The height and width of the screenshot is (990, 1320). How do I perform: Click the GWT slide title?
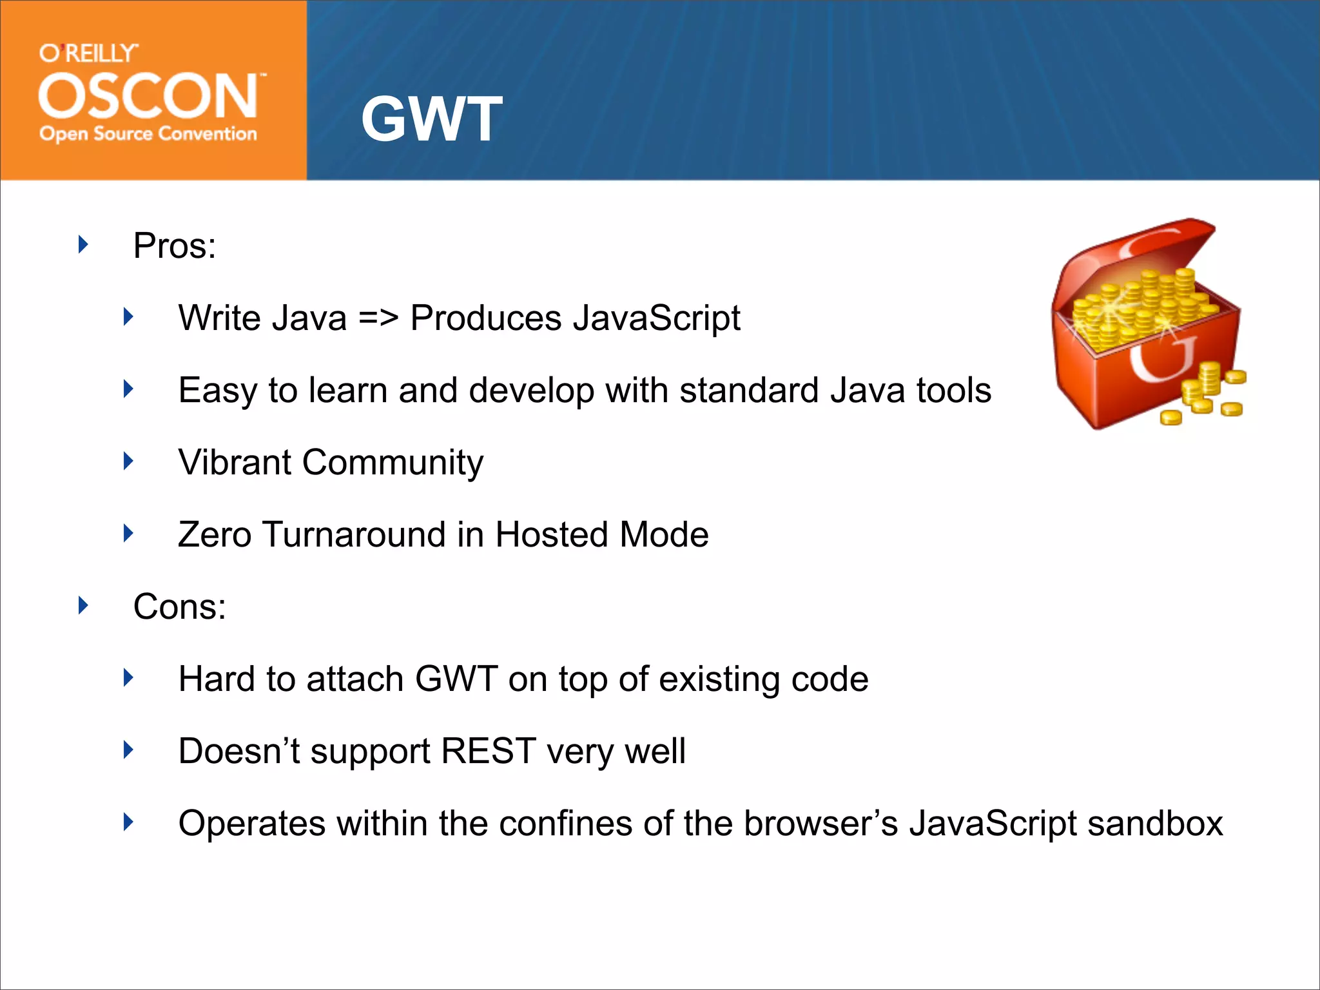(x=431, y=119)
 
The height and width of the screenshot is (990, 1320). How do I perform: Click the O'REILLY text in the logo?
(x=88, y=53)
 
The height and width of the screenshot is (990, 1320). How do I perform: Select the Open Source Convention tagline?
(x=148, y=133)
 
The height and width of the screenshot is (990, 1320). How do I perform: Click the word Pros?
(x=175, y=246)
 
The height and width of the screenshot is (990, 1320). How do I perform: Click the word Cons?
(x=180, y=607)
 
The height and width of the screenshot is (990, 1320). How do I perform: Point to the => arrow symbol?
(x=378, y=318)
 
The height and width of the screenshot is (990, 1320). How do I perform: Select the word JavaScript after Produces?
(x=656, y=318)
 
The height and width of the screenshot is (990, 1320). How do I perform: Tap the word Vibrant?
(x=235, y=462)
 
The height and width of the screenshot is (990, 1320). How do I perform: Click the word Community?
(x=393, y=463)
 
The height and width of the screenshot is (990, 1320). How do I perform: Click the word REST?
(x=489, y=751)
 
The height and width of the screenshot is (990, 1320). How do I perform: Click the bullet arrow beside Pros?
(x=83, y=244)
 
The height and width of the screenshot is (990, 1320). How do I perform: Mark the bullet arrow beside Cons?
(x=83, y=605)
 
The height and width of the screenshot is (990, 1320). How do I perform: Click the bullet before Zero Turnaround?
(x=129, y=533)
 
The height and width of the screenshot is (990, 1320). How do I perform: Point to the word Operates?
(x=252, y=824)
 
